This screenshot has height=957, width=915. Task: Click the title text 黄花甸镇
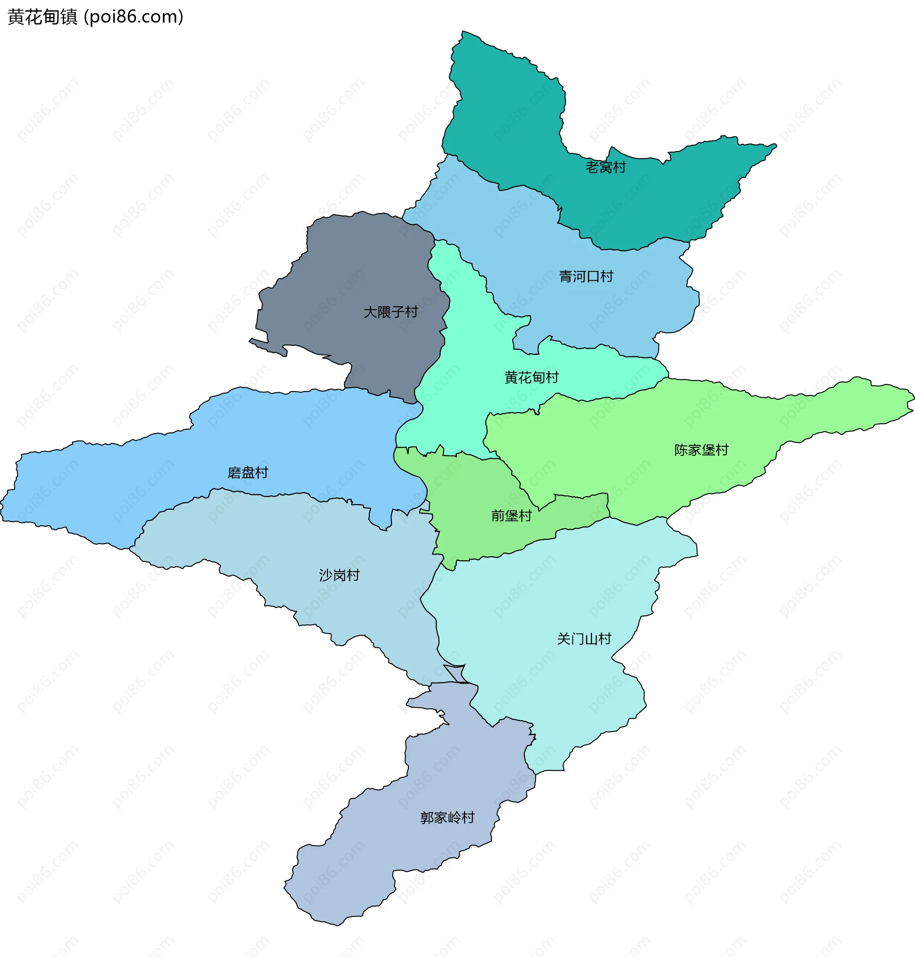[x=42, y=17]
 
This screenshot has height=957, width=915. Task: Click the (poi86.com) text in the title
[x=133, y=17]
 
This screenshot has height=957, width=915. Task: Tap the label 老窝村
[x=605, y=167]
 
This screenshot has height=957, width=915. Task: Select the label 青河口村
[x=585, y=276]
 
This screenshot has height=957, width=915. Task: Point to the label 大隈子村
[x=391, y=312]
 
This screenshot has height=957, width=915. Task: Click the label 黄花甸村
[x=531, y=377]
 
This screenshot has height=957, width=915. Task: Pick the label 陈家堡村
[x=701, y=450]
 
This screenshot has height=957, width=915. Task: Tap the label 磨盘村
[x=248, y=473]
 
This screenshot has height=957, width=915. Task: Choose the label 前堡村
[x=511, y=515]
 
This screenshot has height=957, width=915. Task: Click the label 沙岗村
[x=339, y=575]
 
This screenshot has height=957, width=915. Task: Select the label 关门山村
[x=584, y=639]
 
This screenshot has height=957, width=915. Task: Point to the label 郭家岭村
[x=447, y=817]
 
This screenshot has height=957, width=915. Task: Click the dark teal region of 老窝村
[x=507, y=122]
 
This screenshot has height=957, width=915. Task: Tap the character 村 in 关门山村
[x=605, y=639]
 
